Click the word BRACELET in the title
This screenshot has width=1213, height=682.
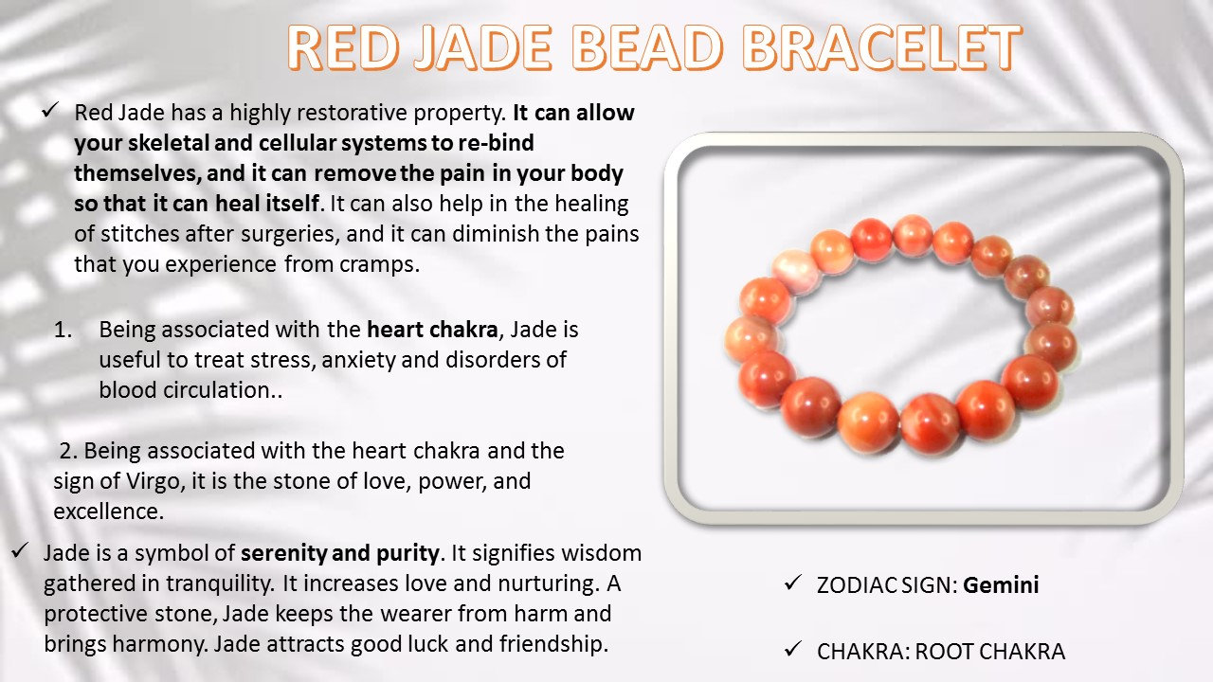click(881, 47)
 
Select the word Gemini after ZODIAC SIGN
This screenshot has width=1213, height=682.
click(1001, 585)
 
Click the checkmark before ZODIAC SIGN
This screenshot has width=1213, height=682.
click(793, 583)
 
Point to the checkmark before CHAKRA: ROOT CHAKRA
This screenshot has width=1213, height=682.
click(793, 649)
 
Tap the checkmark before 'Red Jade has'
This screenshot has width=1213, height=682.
click(50, 110)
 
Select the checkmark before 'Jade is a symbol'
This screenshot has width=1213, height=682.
click(19, 550)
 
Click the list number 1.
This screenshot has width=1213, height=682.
click(63, 330)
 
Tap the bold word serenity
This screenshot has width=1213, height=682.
click(283, 553)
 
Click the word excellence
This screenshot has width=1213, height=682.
click(108, 511)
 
